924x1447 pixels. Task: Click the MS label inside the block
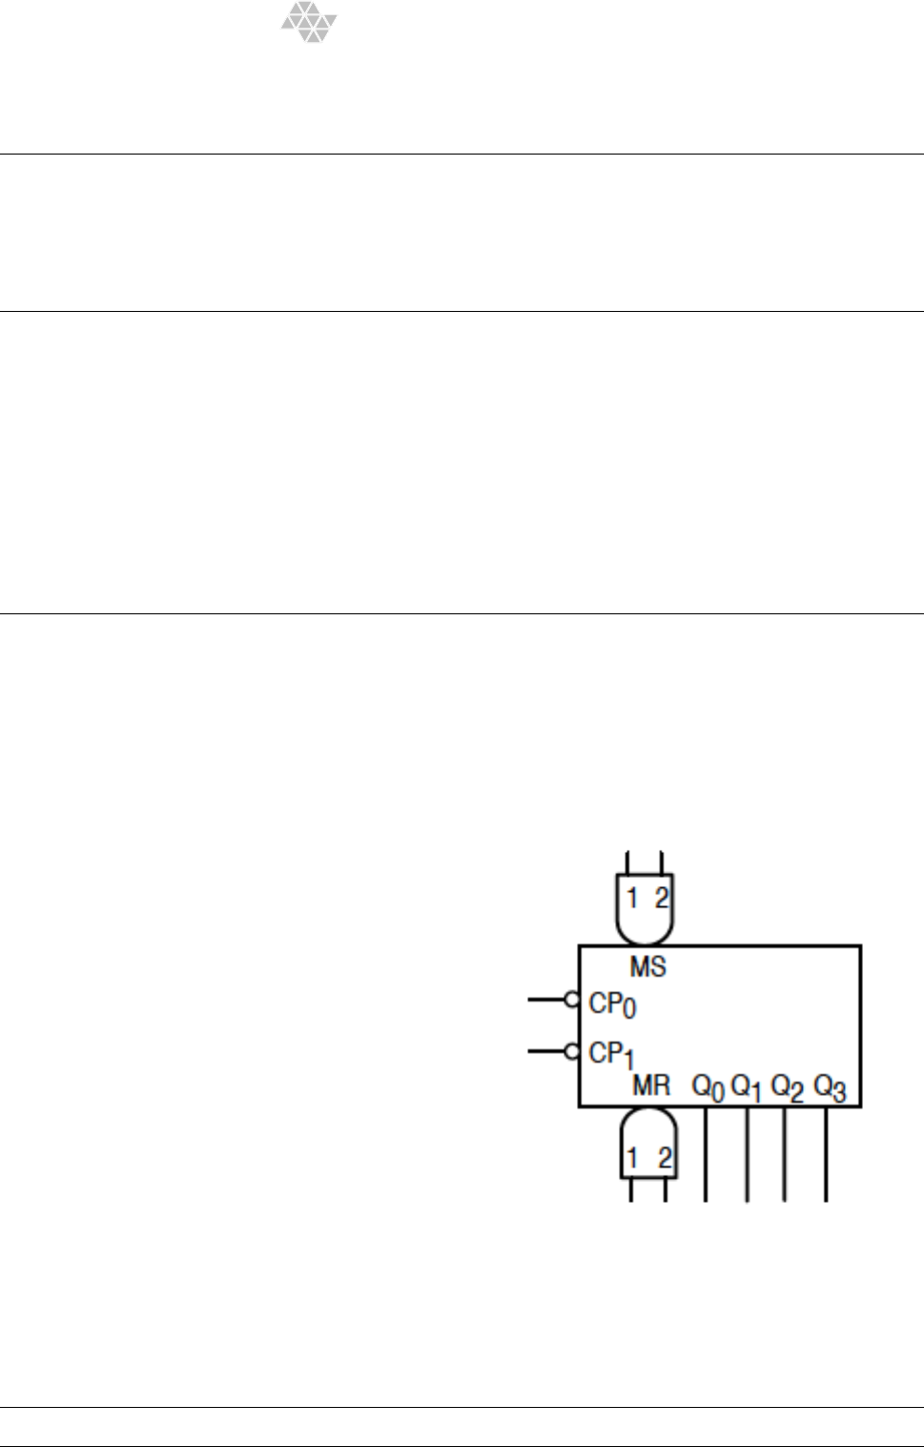pos(647,967)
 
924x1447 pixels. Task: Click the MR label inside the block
pos(651,1085)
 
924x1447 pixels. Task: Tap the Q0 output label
pos(708,1087)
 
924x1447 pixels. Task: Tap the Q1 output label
pos(747,1087)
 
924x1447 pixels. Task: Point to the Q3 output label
pos(830,1087)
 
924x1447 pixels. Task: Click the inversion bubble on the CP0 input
pos(572,1000)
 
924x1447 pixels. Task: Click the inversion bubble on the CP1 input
pos(572,1052)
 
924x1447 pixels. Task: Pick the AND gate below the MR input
pos(647,1145)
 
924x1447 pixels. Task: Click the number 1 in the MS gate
pos(631,898)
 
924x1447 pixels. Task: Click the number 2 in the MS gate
pos(661,898)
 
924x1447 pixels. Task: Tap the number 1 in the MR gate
pos(631,1159)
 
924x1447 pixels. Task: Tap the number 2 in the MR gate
pos(664,1159)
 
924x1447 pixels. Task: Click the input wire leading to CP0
pos(546,1000)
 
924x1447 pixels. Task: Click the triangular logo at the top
pos(309,21)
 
